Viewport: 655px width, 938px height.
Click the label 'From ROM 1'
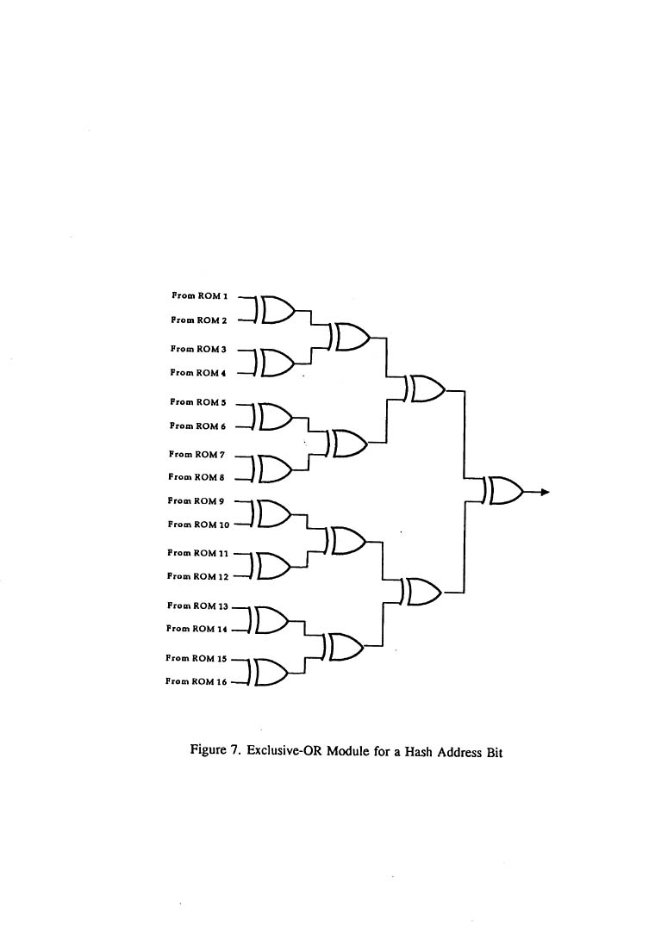[199, 295]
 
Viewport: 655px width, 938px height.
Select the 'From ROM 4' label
[198, 373]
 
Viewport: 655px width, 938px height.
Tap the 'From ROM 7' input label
[197, 455]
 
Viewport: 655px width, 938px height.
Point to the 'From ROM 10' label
[198, 525]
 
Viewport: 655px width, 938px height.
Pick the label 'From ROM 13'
[197, 606]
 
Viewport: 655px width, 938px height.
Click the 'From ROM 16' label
[196, 681]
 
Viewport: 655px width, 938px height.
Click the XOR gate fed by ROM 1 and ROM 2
[274, 308]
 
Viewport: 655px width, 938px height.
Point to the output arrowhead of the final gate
[546, 493]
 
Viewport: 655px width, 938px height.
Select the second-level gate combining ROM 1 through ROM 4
[350, 338]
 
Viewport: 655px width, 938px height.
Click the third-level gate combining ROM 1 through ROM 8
[425, 389]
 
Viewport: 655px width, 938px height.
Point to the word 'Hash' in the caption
[419, 751]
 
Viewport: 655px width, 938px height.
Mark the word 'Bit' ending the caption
[494, 752]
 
